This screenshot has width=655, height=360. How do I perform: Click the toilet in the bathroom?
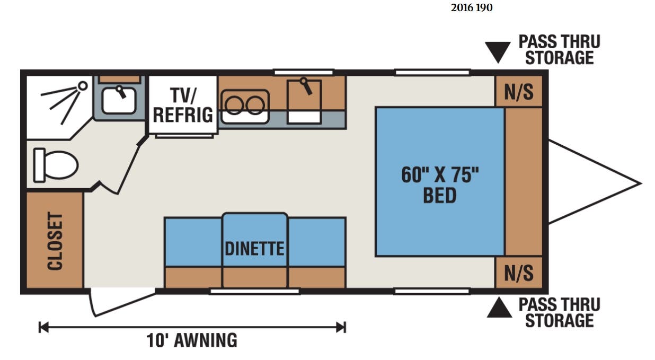(56, 165)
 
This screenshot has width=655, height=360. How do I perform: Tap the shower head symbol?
(83, 86)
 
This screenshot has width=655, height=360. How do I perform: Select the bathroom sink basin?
(119, 100)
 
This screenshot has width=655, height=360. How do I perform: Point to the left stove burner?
(234, 106)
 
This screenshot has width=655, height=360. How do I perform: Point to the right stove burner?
(255, 106)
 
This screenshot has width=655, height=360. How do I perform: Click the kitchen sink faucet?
(306, 86)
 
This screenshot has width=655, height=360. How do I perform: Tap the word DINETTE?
(254, 249)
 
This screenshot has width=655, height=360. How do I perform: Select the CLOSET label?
(55, 241)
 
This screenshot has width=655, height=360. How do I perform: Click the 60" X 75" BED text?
(440, 185)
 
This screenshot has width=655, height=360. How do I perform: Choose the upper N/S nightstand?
(519, 92)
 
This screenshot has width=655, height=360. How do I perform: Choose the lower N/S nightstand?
(519, 273)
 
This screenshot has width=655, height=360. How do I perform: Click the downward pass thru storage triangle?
(498, 52)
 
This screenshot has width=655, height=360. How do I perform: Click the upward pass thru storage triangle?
(499, 308)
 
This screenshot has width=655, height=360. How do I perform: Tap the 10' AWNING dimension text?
(192, 340)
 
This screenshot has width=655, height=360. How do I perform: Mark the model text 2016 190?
(472, 7)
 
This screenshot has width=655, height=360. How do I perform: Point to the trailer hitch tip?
(641, 183)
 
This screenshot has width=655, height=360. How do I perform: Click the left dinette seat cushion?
(193, 242)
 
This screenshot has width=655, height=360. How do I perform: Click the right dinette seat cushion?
(317, 242)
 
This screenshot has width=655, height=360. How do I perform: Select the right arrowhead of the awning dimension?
(341, 327)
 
